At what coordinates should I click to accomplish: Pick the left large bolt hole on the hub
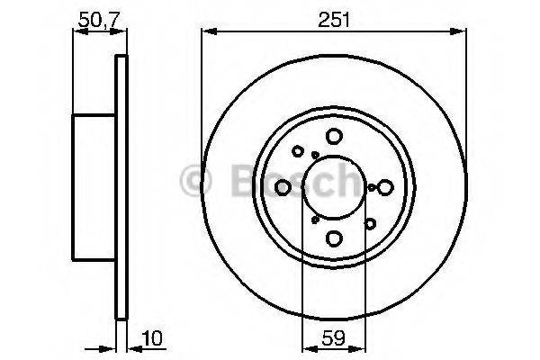pos(283,186)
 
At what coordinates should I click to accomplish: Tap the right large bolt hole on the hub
pos(385,186)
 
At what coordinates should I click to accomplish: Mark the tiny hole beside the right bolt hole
pos(372,187)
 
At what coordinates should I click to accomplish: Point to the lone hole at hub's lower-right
pos(369,221)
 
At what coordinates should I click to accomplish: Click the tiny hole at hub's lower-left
pos(314,218)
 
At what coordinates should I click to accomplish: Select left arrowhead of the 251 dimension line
pos(205,32)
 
